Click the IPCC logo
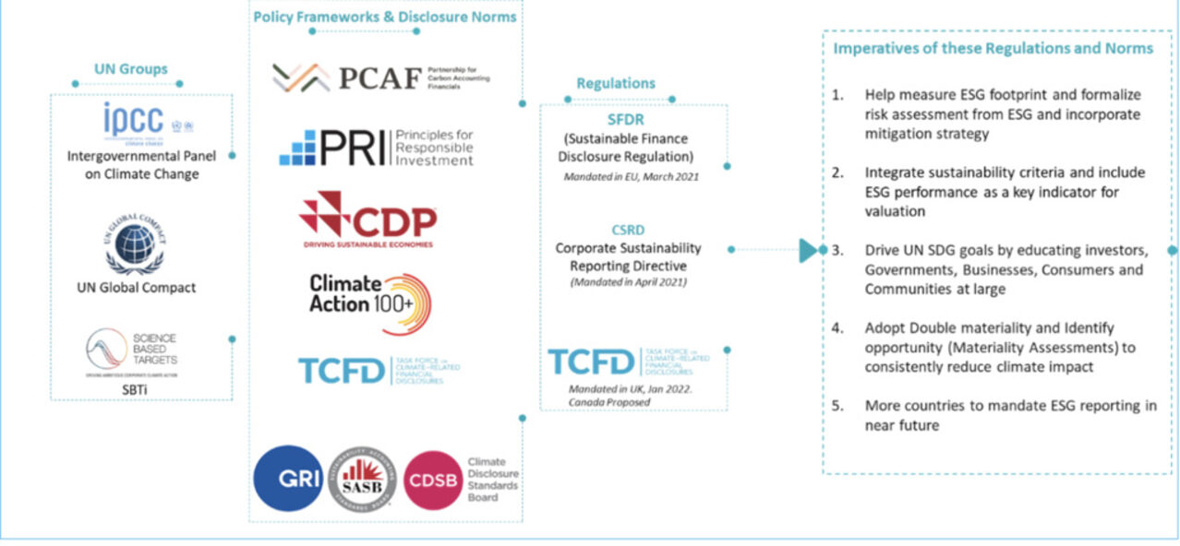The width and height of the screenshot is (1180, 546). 149,120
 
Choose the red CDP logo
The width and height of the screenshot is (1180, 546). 367,220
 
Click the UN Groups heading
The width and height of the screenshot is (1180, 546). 131,68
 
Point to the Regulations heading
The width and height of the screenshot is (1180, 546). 616,83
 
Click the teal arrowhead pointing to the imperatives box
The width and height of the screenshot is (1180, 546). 809,250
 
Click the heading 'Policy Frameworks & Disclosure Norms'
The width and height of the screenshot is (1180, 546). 385,16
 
